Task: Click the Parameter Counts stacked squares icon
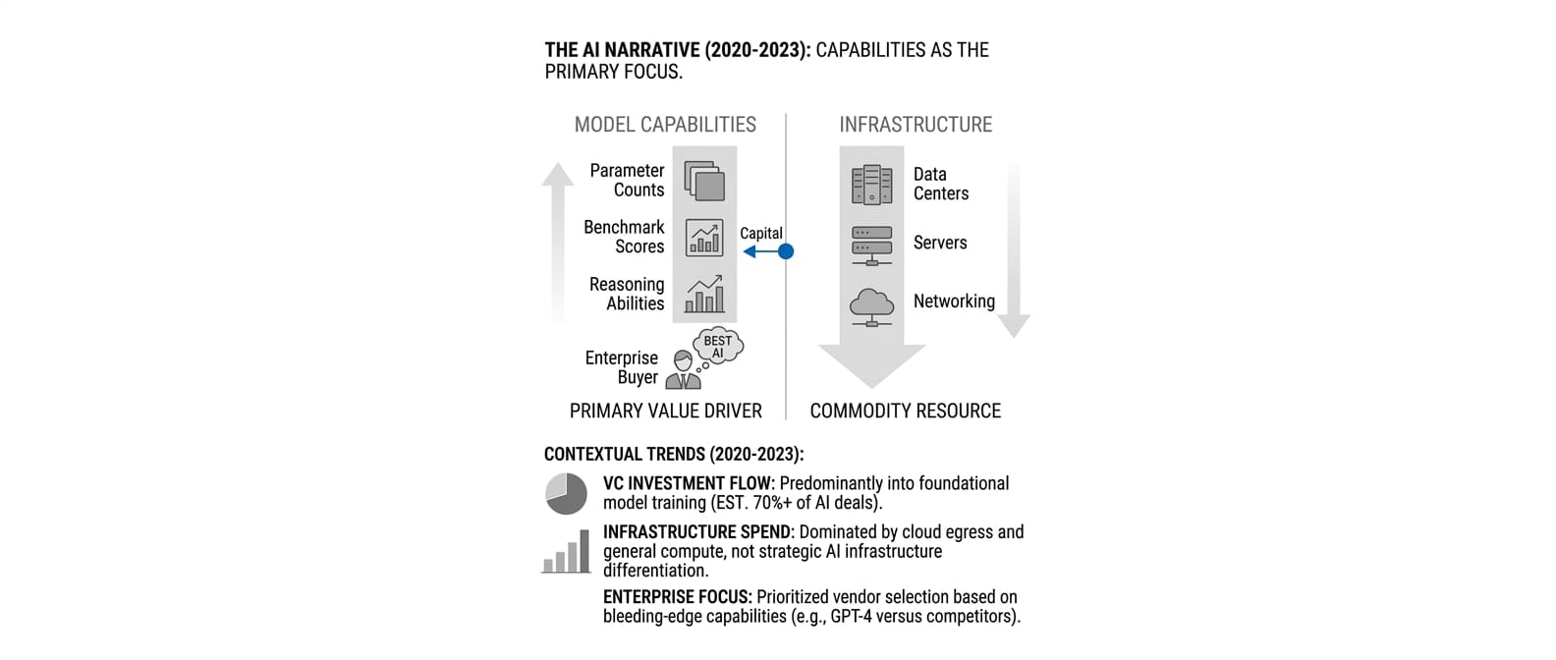704,181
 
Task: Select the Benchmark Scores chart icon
704,238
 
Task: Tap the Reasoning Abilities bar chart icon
704,295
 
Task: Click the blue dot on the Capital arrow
786,251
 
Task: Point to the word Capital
761,233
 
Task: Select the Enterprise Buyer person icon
683,370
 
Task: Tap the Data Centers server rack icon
871,185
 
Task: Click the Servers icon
871,246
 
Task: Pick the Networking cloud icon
871,305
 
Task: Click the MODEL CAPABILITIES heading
665,125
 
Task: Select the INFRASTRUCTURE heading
916,125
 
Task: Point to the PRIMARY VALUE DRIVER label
665,412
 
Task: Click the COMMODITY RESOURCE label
905,412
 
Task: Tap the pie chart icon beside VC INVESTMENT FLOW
566,493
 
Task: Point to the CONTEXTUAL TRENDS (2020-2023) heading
674,455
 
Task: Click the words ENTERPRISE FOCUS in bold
677,597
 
